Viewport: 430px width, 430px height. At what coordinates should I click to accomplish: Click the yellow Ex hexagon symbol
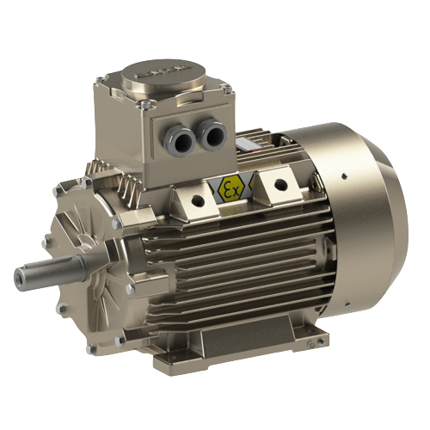(x=230, y=187)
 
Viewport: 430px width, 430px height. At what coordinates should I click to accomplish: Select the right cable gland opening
(x=212, y=132)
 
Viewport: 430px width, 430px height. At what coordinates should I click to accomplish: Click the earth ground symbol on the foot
(x=310, y=344)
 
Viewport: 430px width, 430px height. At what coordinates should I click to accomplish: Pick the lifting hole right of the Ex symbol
(x=280, y=182)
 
